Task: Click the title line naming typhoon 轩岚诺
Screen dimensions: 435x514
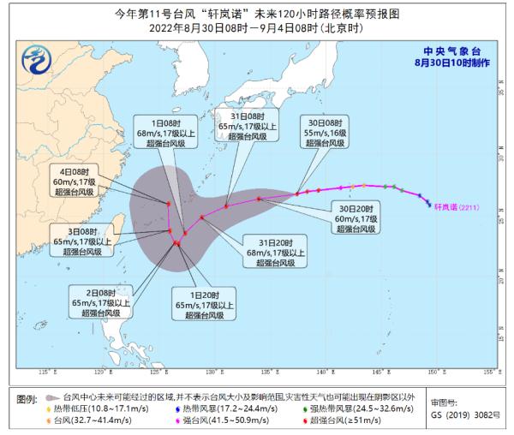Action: click(256, 13)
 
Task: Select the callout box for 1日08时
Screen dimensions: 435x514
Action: click(168, 128)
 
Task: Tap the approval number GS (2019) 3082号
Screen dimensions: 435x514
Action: click(462, 414)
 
